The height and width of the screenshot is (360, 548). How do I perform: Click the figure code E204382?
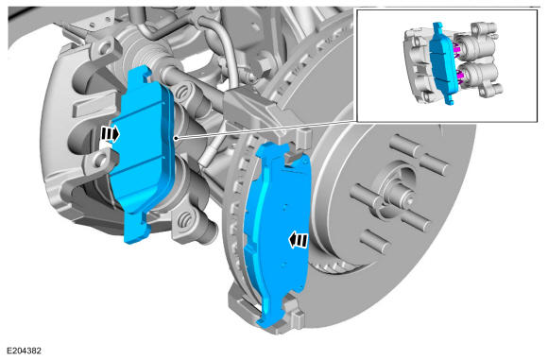tap(25, 351)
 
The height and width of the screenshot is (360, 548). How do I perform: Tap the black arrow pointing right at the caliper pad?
tap(110, 134)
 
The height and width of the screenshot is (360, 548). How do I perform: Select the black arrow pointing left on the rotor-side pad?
tap(299, 240)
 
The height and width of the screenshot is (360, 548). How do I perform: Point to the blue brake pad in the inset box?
tap(442, 64)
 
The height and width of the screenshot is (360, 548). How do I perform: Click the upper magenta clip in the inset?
tap(456, 49)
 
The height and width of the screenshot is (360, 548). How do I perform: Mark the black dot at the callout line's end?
tap(177, 138)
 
